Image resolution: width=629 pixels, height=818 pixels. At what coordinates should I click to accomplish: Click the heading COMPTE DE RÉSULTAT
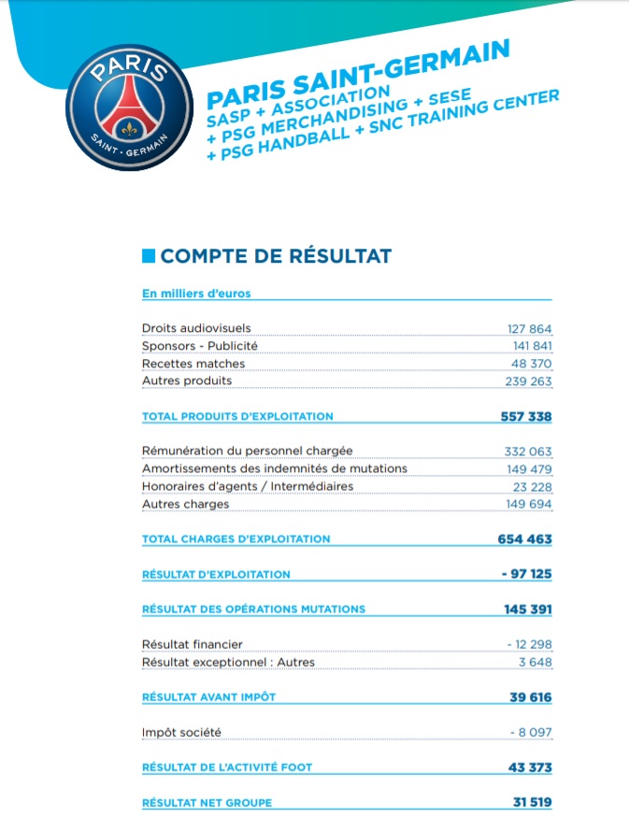pyautogui.click(x=276, y=255)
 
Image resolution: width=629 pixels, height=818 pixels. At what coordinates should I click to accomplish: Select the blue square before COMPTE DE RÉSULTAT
pyautogui.click(x=148, y=255)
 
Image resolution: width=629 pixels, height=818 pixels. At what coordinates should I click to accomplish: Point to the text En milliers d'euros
pyautogui.click(x=196, y=294)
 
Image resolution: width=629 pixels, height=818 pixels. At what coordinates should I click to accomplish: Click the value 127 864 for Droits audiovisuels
pyautogui.click(x=530, y=329)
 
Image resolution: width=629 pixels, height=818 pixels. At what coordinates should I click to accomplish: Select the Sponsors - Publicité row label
pyautogui.click(x=199, y=346)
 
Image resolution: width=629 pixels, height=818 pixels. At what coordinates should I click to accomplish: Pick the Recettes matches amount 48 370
pyautogui.click(x=533, y=364)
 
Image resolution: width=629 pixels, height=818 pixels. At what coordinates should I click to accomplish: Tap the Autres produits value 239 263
pyautogui.click(x=530, y=381)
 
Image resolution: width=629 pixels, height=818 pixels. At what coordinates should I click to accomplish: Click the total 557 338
pyautogui.click(x=526, y=416)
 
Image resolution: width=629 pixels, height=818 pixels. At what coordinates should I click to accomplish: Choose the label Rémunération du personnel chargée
pyautogui.click(x=247, y=451)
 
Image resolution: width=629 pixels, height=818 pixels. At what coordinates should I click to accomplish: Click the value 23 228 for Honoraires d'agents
pyautogui.click(x=533, y=486)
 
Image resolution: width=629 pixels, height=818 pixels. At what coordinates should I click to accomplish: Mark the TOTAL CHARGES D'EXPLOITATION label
pyautogui.click(x=236, y=539)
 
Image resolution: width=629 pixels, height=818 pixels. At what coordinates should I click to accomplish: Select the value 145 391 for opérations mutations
pyautogui.click(x=528, y=610)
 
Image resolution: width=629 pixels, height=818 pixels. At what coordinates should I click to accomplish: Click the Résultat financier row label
pyautogui.click(x=192, y=645)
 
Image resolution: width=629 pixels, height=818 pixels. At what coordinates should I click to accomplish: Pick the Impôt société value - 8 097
pyautogui.click(x=531, y=732)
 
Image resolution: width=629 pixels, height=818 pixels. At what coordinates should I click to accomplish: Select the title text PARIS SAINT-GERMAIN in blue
pyautogui.click(x=357, y=72)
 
